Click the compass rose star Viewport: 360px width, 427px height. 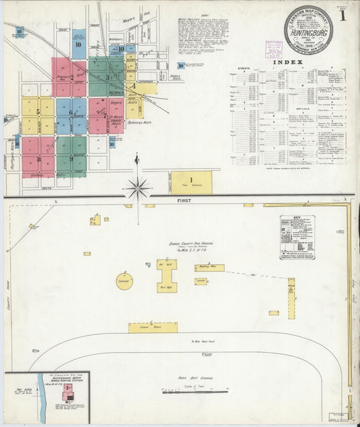tap(137, 189)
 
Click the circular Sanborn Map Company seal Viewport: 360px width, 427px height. tap(308, 30)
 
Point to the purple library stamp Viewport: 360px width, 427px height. tap(274, 49)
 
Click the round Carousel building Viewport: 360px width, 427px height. tap(124, 280)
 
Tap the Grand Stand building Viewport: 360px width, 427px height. tap(153, 328)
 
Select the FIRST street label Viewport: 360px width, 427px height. tap(185, 201)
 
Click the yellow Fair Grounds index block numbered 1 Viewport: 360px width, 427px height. tap(191, 182)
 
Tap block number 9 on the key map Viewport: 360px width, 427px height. tap(71, 159)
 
